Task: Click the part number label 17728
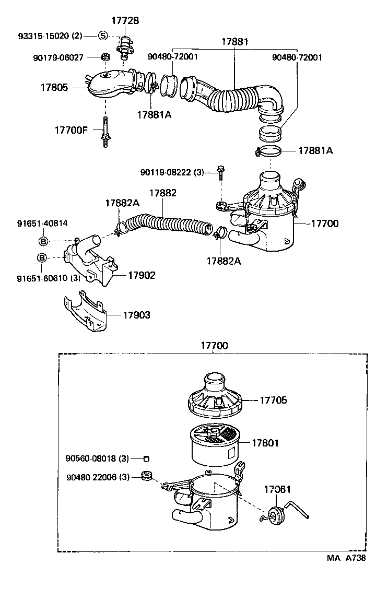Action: click(125, 20)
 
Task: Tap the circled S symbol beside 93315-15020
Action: click(103, 36)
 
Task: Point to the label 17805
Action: click(54, 88)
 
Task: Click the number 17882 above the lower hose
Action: click(163, 193)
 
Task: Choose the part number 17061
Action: click(277, 489)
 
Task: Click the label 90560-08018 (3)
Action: click(97, 458)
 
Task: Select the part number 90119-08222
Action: click(166, 172)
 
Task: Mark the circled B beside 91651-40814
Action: click(44, 241)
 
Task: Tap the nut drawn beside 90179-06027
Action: click(105, 56)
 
